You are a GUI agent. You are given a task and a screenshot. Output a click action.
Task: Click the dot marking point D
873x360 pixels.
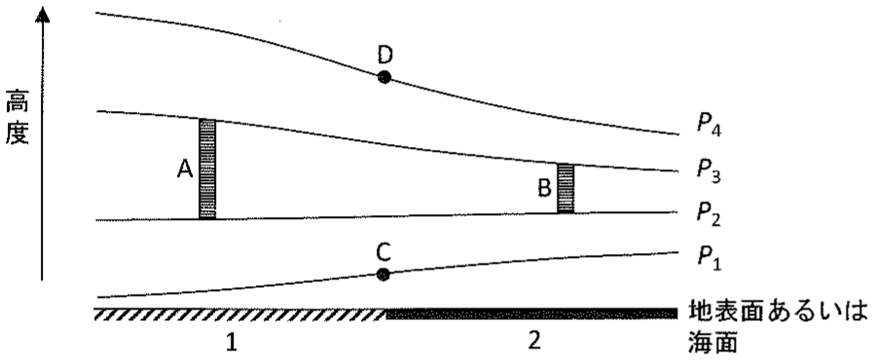pos(383,77)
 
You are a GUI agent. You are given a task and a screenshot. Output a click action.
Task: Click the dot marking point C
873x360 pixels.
pos(382,274)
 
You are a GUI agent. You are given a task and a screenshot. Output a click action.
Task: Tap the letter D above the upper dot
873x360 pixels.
pos(384,55)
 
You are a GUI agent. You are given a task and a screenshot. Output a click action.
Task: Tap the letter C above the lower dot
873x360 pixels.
pos(383,253)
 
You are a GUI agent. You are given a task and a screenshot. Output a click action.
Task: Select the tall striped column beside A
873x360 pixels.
pos(207,169)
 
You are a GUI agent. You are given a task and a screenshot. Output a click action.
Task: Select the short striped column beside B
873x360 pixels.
pos(565,188)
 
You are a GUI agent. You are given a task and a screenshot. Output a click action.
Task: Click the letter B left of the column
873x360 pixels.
pos(544,189)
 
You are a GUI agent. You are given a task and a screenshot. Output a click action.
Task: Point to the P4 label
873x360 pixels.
pos(709,125)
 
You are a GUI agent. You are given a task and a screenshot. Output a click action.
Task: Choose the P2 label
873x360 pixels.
pos(709,218)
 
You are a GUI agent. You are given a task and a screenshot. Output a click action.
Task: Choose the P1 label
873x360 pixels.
pos(709,259)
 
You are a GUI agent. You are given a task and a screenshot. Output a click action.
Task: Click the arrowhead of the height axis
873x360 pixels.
pos(42,13)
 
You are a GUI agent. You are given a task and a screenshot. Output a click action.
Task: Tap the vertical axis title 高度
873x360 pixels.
pos(17,119)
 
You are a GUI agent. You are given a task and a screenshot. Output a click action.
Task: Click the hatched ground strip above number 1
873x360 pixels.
pos(240,314)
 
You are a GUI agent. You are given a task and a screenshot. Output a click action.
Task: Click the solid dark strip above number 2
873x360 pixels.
pos(531,314)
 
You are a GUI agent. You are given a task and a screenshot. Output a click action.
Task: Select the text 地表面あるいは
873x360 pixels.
pos(779,312)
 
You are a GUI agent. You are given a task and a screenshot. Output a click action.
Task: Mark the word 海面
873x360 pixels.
pos(713,342)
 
